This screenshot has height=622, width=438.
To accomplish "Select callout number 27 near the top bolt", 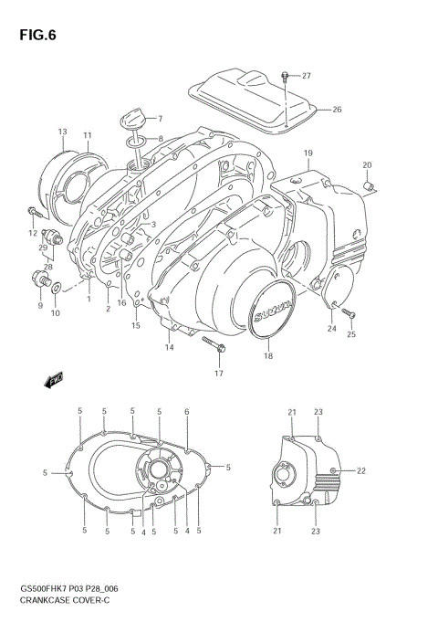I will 307,76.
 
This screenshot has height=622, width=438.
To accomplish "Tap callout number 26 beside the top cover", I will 337,110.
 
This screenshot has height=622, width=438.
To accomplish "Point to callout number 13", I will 62,132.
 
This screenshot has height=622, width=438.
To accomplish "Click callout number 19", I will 308,153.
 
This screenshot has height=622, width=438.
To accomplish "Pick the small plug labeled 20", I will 371,187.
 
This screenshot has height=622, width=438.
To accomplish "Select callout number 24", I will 332,329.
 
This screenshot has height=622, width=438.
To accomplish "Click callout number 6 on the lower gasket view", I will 187,412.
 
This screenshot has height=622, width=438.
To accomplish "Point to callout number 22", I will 360,470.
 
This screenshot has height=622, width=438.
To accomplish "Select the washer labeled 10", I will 58,290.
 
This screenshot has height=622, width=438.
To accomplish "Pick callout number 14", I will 169,347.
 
